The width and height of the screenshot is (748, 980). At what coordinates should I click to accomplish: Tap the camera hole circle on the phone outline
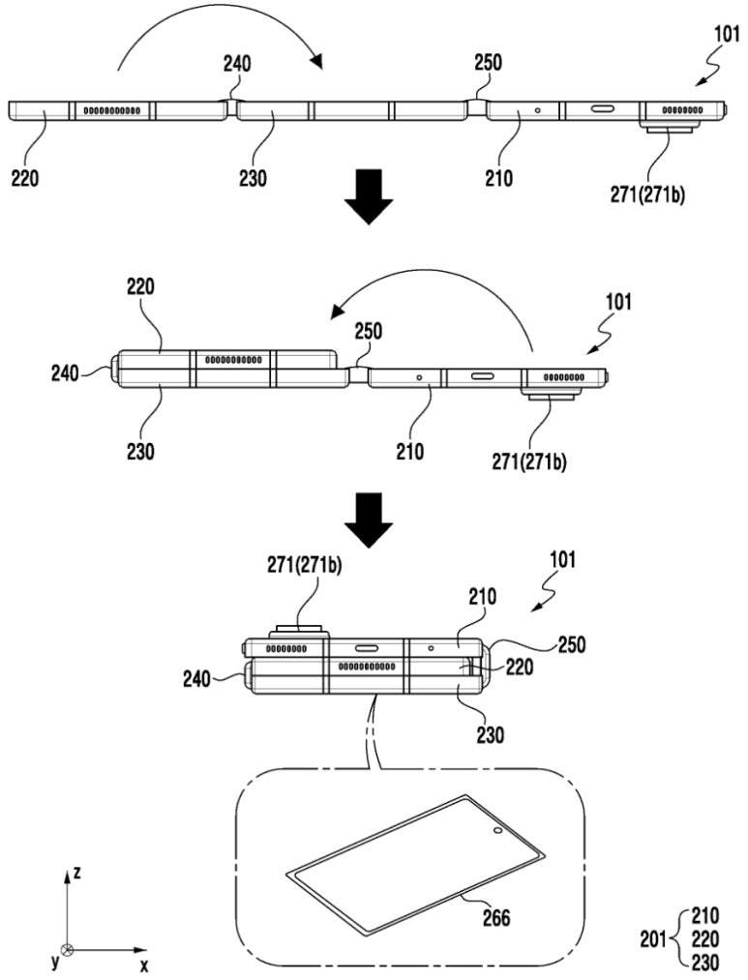(496, 831)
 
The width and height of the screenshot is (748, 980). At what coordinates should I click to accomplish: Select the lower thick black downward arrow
(369, 517)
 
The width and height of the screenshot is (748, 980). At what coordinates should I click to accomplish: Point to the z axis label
(76, 872)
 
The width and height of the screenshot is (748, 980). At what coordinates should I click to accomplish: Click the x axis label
(143, 965)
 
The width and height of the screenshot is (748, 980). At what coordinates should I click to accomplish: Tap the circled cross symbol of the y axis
(66, 950)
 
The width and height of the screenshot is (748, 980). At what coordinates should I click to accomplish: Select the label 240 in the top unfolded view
(237, 65)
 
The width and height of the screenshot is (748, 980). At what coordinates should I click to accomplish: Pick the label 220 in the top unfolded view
(27, 179)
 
